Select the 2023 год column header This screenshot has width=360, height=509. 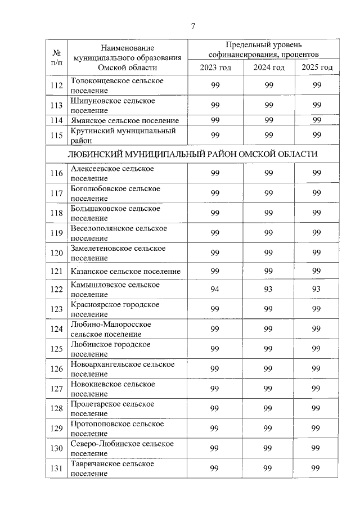click(x=215, y=67)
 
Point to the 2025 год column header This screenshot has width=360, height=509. click(x=317, y=67)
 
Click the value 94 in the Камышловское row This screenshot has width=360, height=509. click(x=215, y=290)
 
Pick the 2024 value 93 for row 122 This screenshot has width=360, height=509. click(x=268, y=290)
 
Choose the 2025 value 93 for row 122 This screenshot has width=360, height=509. click(x=317, y=290)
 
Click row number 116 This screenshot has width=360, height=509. click(x=56, y=173)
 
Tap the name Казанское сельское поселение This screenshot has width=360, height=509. click(x=125, y=272)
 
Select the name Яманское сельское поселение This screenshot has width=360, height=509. click(x=125, y=120)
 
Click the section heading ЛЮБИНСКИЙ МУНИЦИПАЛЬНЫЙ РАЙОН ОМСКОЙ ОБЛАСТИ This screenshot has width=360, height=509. click(x=192, y=154)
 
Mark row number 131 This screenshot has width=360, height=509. click(x=56, y=469)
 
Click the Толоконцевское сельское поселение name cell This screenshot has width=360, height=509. click(x=117, y=85)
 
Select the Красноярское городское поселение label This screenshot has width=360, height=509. click(x=115, y=309)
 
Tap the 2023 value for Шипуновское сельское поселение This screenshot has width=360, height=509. click(x=215, y=105)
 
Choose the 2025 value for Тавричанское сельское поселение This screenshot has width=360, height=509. click(x=317, y=469)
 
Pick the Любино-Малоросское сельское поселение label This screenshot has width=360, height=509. click(x=111, y=329)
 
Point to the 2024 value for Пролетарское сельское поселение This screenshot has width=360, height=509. click(x=268, y=409)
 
